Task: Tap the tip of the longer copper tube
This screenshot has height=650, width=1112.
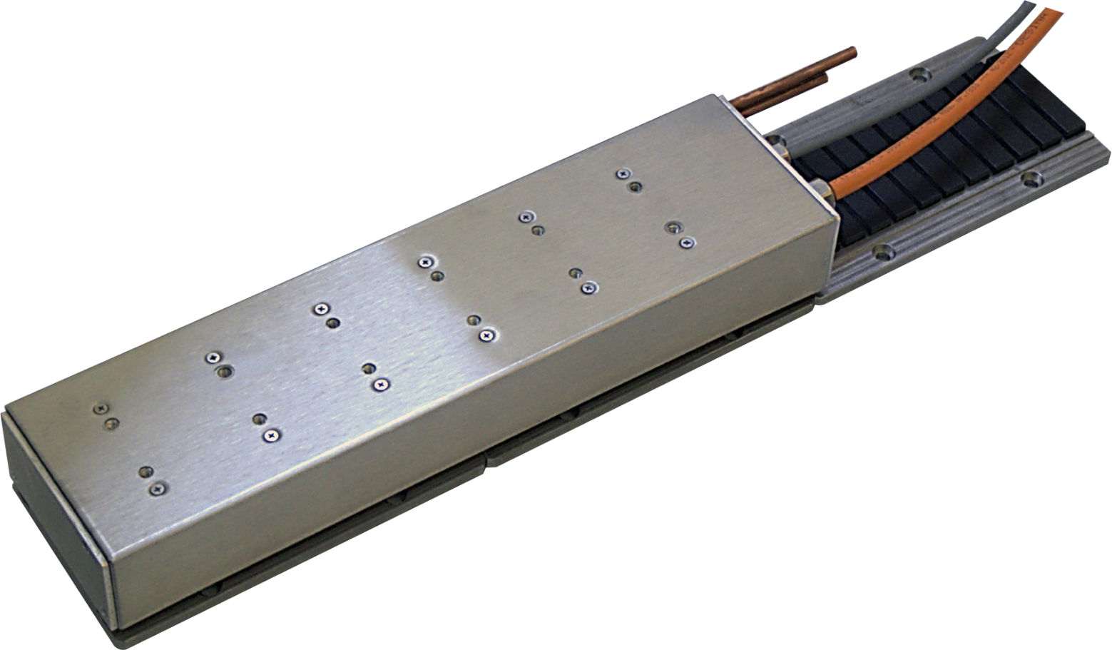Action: pyautogui.click(x=852, y=53)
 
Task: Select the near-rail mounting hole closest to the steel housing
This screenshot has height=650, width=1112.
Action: pyautogui.click(x=884, y=251)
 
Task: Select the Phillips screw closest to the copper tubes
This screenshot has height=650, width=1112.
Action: pyautogui.click(x=624, y=173)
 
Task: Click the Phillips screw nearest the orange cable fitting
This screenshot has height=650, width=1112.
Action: pyautogui.click(x=686, y=243)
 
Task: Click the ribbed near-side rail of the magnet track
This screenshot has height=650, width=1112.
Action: pyautogui.click(x=963, y=221)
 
